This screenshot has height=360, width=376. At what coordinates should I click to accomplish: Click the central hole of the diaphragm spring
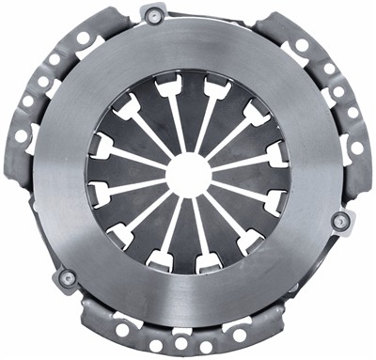(x=189, y=175)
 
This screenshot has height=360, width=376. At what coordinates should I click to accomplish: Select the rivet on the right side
(x=341, y=221)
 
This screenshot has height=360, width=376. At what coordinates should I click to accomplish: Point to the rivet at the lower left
(x=67, y=278)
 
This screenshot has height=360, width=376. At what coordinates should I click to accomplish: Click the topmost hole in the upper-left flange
(x=84, y=39)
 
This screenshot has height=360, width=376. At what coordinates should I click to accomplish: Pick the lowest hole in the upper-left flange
(x=21, y=135)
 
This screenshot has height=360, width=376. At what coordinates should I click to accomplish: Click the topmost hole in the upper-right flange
(x=302, y=44)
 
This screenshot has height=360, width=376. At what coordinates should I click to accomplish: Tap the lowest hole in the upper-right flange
(x=357, y=148)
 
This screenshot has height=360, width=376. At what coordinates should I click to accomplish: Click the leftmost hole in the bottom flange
(x=122, y=331)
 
